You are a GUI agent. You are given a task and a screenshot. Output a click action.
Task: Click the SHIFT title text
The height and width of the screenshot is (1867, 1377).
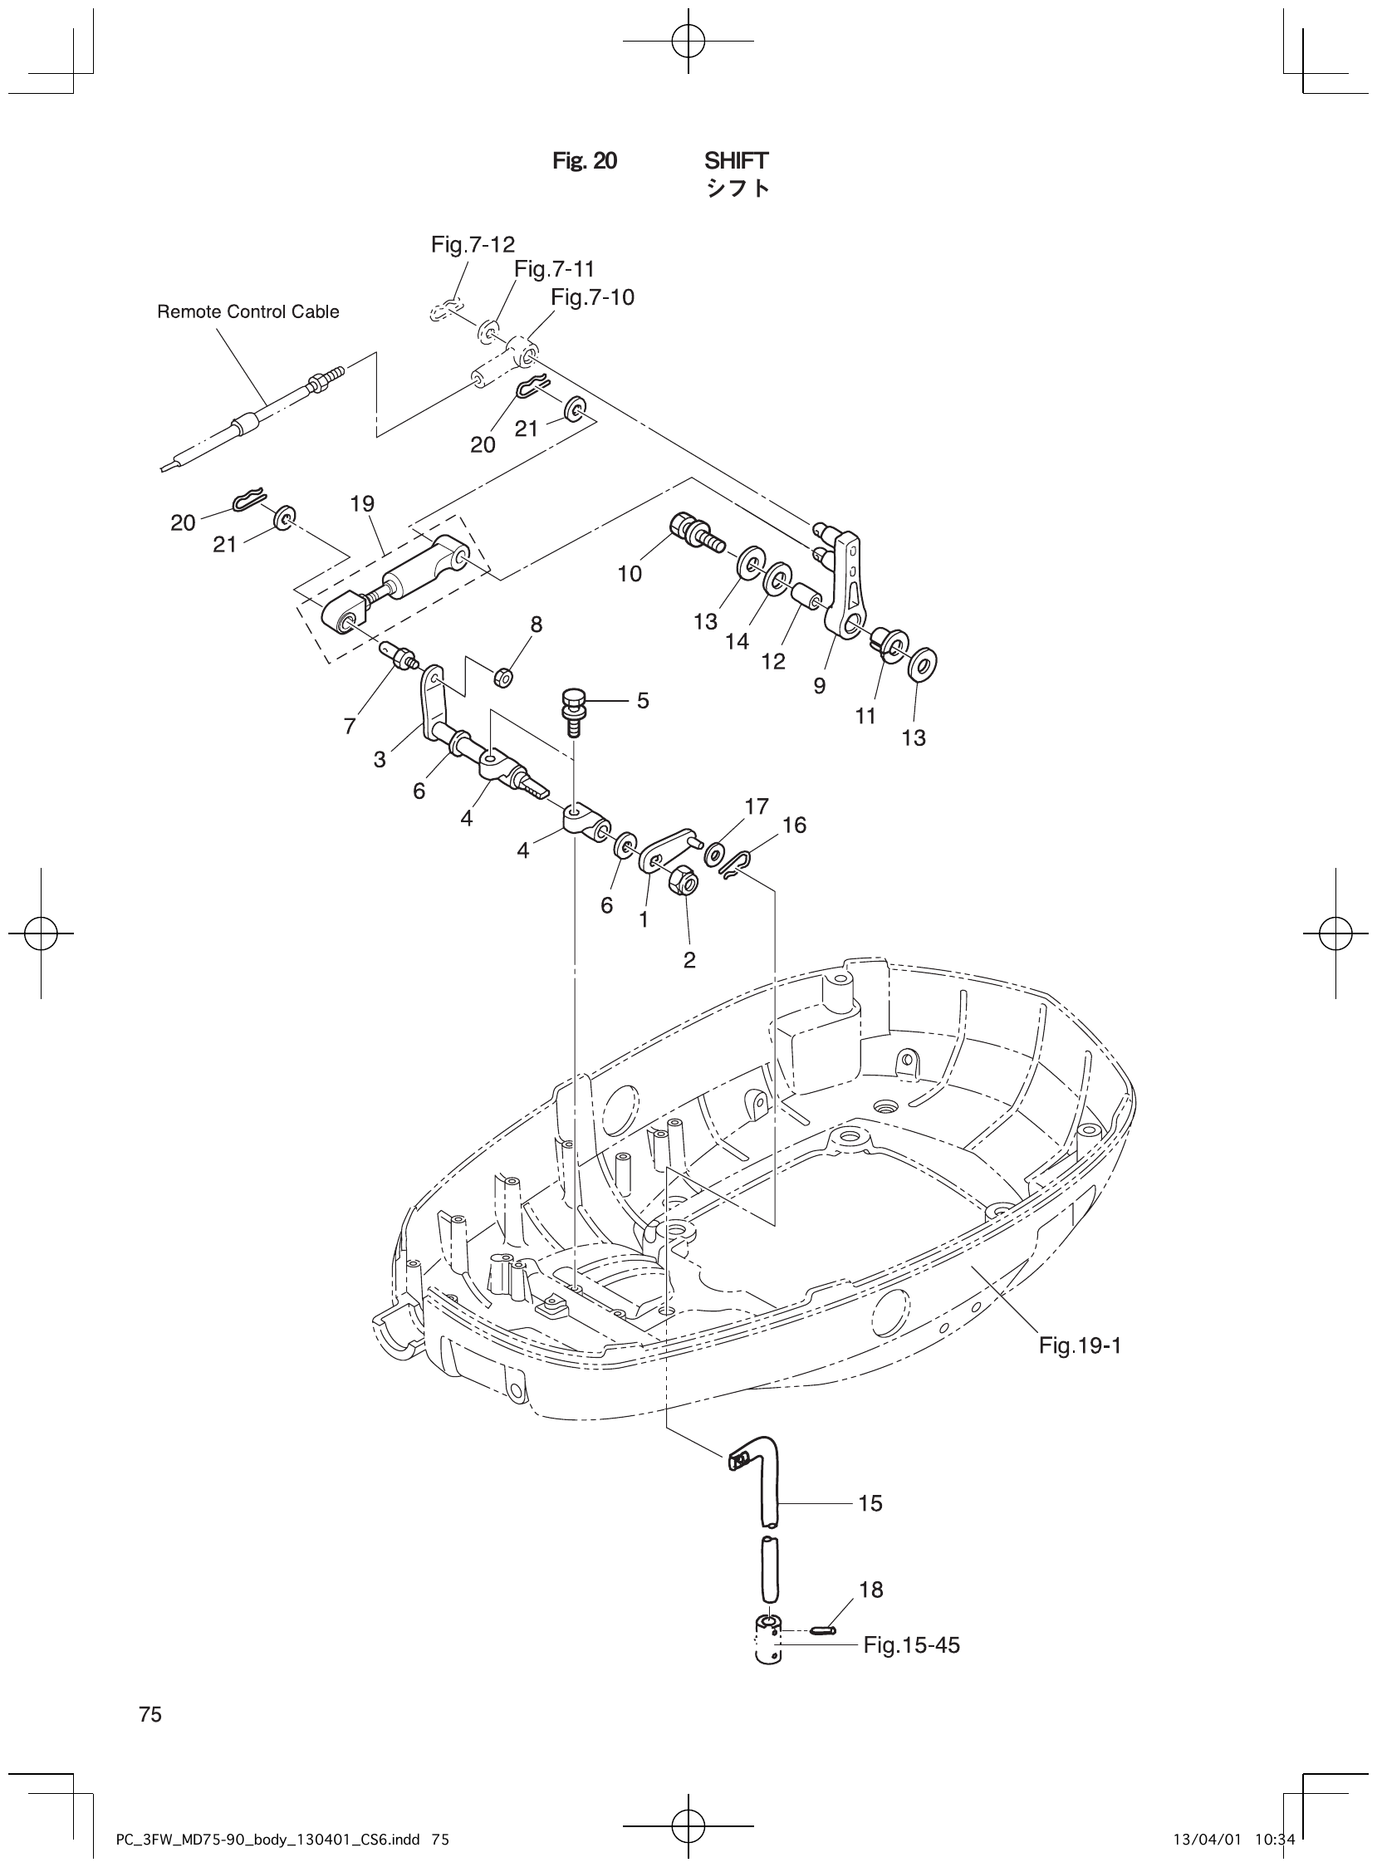[x=736, y=160]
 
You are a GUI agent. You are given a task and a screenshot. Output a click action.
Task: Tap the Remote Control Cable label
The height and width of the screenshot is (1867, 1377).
[x=248, y=311]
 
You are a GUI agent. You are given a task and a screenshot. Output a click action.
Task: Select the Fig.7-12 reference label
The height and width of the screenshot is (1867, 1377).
[x=473, y=244]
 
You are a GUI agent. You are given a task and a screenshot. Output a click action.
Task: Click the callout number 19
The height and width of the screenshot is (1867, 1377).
[x=363, y=503]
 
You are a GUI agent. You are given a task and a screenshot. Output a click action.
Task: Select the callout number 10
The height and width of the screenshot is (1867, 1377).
[x=630, y=573]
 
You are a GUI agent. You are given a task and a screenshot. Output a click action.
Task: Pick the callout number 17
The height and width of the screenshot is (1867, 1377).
[x=757, y=806]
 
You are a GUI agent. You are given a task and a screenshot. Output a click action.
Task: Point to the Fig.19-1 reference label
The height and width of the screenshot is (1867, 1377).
[x=1080, y=1345]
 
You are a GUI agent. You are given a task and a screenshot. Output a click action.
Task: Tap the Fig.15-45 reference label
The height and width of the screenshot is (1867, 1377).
[x=911, y=1644]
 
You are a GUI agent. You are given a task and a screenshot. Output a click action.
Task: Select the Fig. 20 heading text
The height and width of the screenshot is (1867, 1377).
[x=586, y=161]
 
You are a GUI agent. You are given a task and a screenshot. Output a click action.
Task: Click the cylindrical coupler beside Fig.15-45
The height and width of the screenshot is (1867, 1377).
[x=768, y=1640]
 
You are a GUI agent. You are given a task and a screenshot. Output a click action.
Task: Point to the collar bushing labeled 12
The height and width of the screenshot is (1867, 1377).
[x=806, y=598]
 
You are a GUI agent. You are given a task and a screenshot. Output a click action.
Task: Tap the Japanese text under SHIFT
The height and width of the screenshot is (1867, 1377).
[x=738, y=189]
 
